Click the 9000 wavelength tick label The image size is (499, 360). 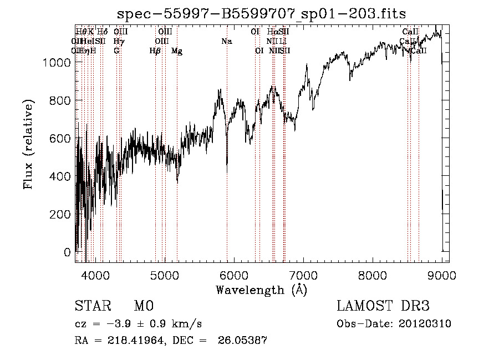point(442,275)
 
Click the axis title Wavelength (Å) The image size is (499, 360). point(261,290)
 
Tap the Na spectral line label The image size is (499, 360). point(226,41)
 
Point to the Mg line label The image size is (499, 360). point(177,51)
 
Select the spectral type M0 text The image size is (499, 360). point(143,306)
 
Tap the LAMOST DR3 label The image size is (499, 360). point(383,306)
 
